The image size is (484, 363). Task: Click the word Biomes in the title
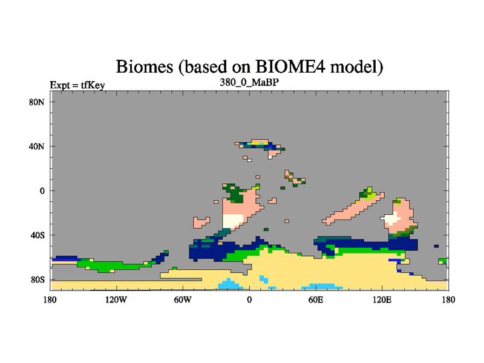(x=145, y=67)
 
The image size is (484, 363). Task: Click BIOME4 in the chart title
(x=290, y=67)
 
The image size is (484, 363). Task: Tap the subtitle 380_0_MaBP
(x=249, y=82)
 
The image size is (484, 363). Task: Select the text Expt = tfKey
(x=77, y=85)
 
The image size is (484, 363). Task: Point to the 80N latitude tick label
(x=37, y=102)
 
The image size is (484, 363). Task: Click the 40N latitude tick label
(x=37, y=146)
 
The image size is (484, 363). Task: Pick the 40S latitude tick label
(x=38, y=235)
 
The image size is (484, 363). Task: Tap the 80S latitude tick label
(x=38, y=280)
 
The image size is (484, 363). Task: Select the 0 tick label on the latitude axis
(x=42, y=191)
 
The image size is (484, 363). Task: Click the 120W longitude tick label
(x=116, y=299)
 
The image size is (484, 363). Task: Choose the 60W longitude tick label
(x=183, y=299)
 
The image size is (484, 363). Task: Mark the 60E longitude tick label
(x=316, y=299)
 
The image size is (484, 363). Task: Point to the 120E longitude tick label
(x=382, y=299)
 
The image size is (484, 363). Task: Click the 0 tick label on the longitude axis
(x=249, y=299)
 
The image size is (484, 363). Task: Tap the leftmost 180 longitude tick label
(x=50, y=299)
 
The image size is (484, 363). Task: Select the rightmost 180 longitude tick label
(x=448, y=299)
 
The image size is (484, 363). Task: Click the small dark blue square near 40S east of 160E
(x=436, y=246)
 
